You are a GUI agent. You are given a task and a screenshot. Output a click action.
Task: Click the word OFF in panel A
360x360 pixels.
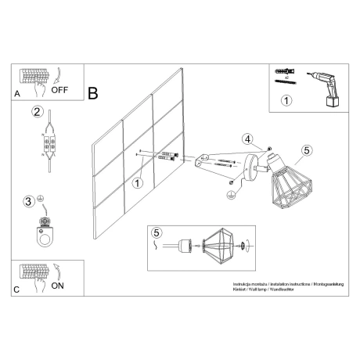click(x=60, y=89)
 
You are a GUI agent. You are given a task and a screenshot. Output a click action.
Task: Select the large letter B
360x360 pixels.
click(x=93, y=93)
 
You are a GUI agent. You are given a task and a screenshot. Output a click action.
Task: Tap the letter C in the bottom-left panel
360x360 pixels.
click(x=17, y=289)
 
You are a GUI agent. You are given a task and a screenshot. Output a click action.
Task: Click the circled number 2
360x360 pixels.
click(x=36, y=112)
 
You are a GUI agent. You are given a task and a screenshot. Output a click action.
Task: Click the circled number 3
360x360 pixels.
click(x=28, y=202)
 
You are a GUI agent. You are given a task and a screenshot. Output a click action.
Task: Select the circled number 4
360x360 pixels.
click(x=247, y=141)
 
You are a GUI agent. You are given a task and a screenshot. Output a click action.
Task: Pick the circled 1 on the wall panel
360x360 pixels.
click(x=138, y=184)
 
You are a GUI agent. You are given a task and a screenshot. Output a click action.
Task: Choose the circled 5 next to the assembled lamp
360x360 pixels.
click(x=307, y=149)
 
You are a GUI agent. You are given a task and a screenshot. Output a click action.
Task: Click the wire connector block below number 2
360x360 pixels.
click(x=50, y=145)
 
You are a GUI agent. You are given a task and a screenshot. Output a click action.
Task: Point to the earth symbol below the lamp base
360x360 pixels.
click(x=231, y=193)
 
